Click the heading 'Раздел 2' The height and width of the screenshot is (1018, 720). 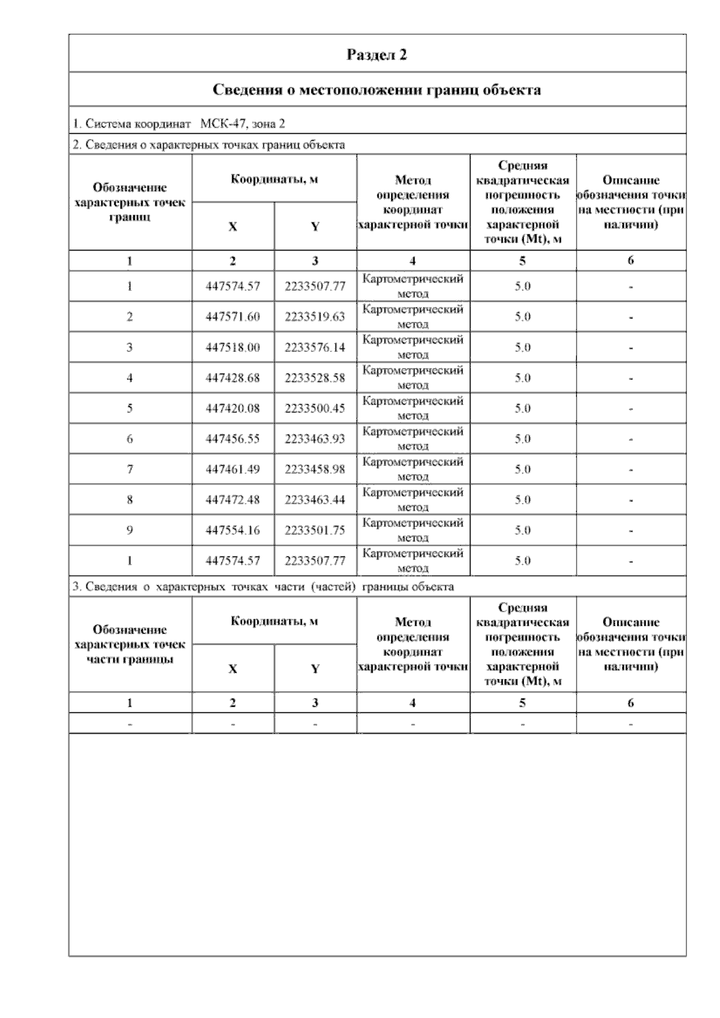377,55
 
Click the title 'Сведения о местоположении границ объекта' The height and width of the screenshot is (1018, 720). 377,90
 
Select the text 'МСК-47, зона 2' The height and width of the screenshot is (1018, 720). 243,124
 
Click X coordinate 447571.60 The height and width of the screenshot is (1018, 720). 233,317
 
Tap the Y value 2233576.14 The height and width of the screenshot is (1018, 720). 315,347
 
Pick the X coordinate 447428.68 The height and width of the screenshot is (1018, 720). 233,378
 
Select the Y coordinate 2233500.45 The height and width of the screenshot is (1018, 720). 315,408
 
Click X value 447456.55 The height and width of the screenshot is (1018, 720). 233,439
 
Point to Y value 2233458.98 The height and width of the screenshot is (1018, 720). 315,469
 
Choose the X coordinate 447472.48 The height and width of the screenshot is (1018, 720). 233,500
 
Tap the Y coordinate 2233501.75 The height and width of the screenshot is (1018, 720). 315,530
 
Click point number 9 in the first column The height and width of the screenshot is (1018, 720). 130,530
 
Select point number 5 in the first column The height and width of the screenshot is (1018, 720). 130,408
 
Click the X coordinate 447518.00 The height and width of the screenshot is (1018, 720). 233,347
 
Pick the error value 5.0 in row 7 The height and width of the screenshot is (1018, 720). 523,469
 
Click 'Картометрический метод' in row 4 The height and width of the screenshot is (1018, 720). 413,378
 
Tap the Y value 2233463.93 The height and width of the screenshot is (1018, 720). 315,439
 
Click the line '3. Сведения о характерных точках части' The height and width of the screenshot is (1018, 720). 263,586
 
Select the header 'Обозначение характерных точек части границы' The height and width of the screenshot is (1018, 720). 130,644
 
